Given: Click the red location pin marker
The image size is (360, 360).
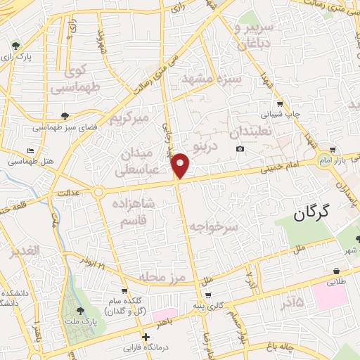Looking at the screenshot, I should pyautogui.click(x=181, y=165).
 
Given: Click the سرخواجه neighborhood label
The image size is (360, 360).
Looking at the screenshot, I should pyautogui.click(x=215, y=226).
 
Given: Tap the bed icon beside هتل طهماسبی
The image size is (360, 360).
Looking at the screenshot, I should pyautogui.click(x=30, y=150).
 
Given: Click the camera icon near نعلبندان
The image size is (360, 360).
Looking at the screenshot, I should pyautogui.click(x=240, y=148).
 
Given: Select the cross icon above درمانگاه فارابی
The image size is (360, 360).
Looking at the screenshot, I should pyautogui.click(x=145, y=337).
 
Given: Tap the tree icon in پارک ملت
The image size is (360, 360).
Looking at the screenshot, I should pyautogui.click(x=79, y=310).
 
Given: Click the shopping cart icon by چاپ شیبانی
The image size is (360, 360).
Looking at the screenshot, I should pyautogui.click(x=280, y=103).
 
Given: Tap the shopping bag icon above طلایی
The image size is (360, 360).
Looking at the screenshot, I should pyautogui.click(x=337, y=271).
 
